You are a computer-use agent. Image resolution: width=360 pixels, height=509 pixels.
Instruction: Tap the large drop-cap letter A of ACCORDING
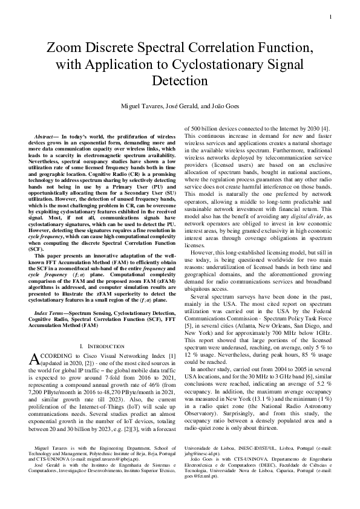34,359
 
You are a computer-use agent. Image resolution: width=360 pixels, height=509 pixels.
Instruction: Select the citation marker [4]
325,128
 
